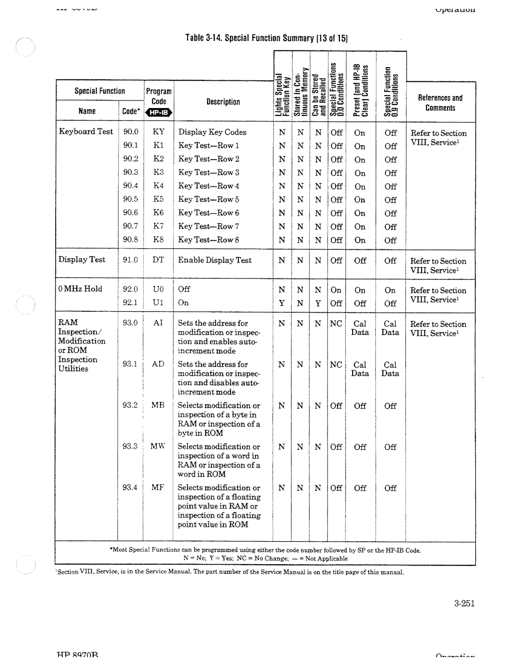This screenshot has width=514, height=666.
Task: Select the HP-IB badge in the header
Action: (159, 112)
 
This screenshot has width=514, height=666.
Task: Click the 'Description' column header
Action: (223, 102)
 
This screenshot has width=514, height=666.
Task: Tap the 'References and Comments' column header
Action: (440, 103)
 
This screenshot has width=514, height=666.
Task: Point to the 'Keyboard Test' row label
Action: (86, 132)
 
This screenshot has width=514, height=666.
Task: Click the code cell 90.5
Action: (130, 199)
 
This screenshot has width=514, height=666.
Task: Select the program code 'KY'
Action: (158, 132)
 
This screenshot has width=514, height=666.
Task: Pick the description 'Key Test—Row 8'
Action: (208, 240)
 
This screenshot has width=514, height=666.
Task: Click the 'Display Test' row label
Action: (81, 260)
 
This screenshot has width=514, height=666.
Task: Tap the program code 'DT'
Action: (158, 260)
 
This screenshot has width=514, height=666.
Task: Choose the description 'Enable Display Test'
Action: (215, 260)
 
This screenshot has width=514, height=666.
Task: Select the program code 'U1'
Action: (158, 303)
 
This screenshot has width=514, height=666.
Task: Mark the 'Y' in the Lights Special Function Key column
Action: (282, 303)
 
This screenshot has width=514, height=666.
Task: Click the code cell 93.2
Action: (130, 405)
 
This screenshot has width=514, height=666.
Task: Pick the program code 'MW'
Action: (158, 447)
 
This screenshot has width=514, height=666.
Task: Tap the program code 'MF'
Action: (158, 487)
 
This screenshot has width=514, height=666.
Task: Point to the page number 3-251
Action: (464, 604)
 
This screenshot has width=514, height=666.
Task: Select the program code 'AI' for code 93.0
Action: (158, 323)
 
